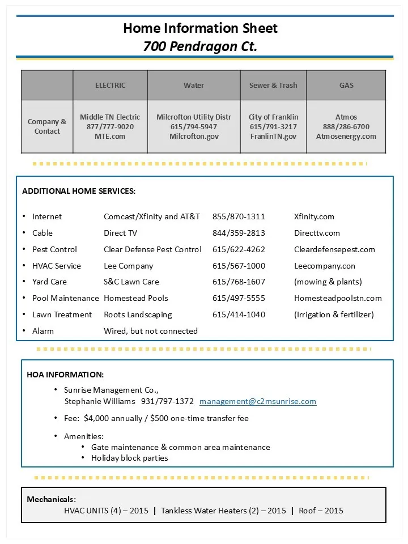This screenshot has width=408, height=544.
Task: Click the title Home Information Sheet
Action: pyautogui.click(x=201, y=28)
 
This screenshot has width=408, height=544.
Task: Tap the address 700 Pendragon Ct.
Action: pyautogui.click(x=201, y=46)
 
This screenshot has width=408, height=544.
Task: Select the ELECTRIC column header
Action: pyautogui.click(x=110, y=86)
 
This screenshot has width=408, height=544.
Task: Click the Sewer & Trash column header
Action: pyautogui.click(x=273, y=86)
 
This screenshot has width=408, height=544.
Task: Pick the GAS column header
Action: pyautogui.click(x=346, y=86)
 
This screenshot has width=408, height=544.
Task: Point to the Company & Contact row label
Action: pyautogui.click(x=47, y=126)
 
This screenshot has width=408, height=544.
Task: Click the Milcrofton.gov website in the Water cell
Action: pyautogui.click(x=194, y=137)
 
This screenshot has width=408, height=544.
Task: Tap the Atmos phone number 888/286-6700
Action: pyautogui.click(x=346, y=127)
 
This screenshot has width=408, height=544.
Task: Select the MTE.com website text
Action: pyautogui.click(x=110, y=137)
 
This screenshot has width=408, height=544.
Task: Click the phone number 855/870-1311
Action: pyautogui.click(x=239, y=216)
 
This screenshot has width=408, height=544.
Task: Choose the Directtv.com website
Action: pyautogui.click(x=317, y=233)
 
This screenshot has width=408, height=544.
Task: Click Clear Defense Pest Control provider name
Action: pyautogui.click(x=152, y=249)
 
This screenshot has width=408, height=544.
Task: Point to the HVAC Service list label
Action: pyautogui.click(x=57, y=266)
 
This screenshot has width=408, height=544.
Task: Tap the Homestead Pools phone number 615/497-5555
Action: pyautogui.click(x=239, y=298)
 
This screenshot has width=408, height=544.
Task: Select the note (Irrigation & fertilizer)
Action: pyautogui.click(x=334, y=314)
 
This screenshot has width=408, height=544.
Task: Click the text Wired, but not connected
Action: pyautogui.click(x=151, y=331)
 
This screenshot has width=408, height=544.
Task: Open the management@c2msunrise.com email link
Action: pyautogui.click(x=258, y=401)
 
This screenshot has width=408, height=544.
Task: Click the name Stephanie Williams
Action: pyautogui.click(x=100, y=401)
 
